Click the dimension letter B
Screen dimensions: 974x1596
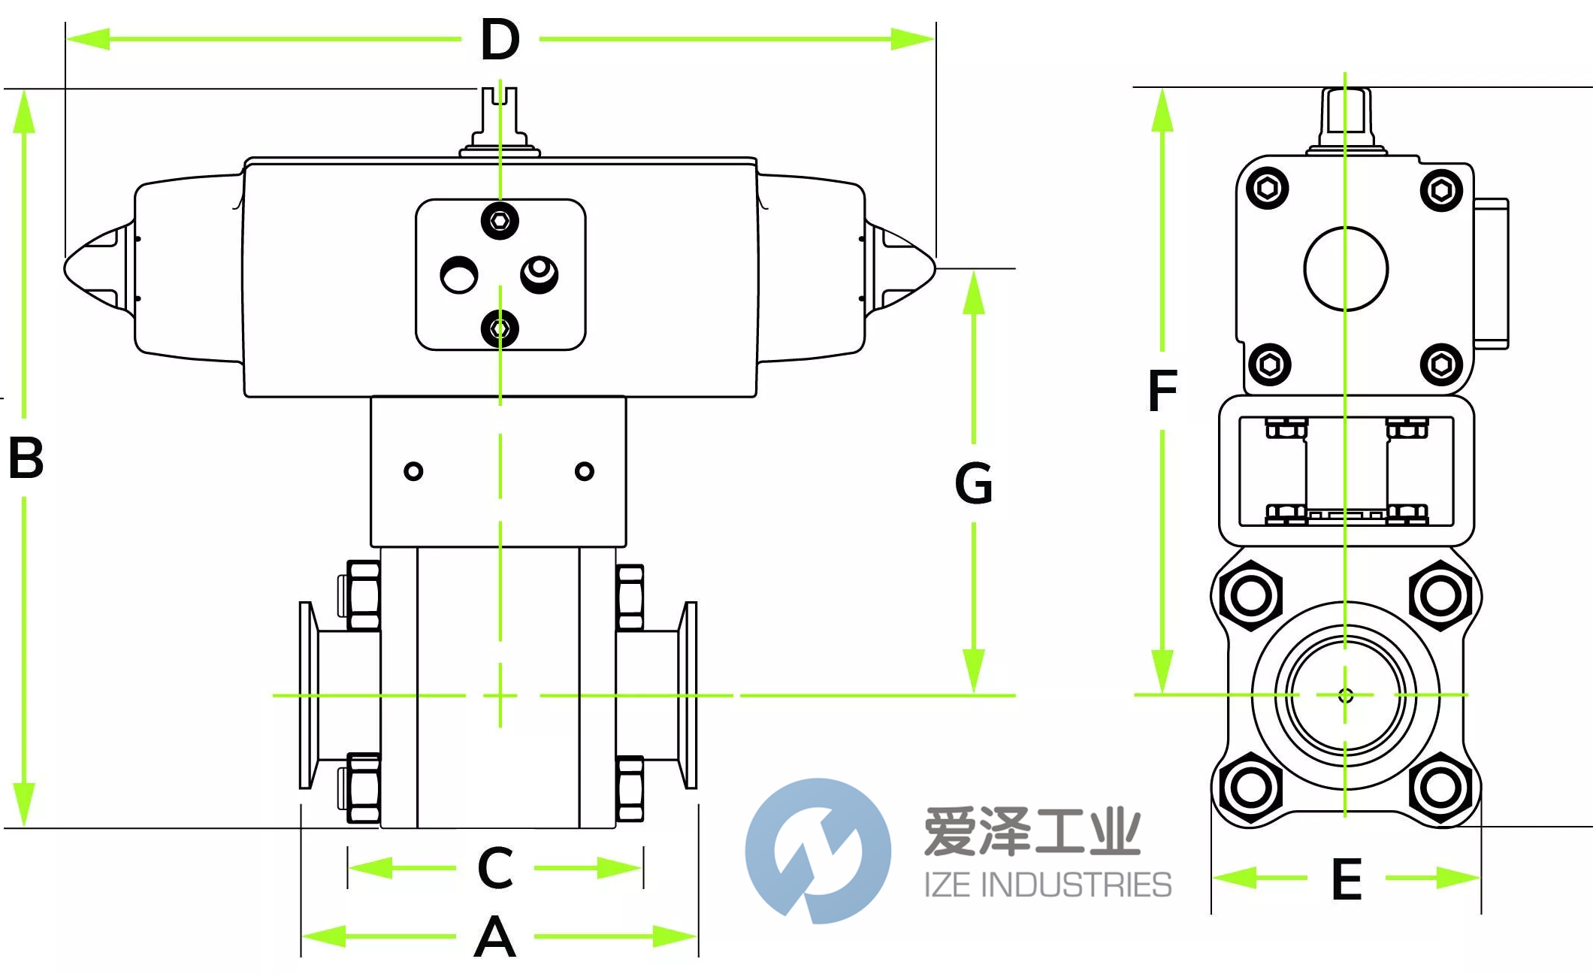tap(26, 458)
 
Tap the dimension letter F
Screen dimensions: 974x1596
tap(1162, 391)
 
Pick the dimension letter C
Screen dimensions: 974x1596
tap(495, 868)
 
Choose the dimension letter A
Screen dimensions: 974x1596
tap(495, 937)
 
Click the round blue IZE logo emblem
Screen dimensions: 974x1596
tap(818, 851)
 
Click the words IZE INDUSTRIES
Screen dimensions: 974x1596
tap(1047, 885)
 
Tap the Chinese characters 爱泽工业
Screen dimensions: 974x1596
tap(1032, 831)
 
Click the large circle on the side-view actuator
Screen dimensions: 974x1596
tap(1345, 269)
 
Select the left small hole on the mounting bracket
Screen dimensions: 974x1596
tap(413, 471)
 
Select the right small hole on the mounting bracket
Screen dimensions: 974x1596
tap(584, 471)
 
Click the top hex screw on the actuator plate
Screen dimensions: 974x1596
tap(500, 221)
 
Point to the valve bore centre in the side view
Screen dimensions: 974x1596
tap(1345, 695)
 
